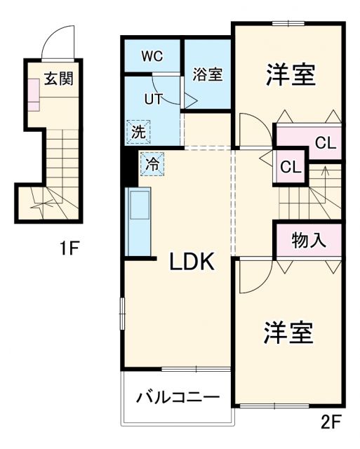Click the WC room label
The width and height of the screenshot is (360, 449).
pyautogui.click(x=152, y=56)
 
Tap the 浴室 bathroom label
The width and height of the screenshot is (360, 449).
pyautogui.click(x=208, y=74)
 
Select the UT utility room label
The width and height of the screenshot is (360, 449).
pyautogui.click(x=153, y=99)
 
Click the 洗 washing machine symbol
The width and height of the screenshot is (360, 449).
pyautogui.click(x=138, y=130)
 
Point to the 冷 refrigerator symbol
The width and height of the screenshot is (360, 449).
pyautogui.click(x=152, y=164)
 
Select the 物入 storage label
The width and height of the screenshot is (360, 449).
pyautogui.click(x=309, y=240)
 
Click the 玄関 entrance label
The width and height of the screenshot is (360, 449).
pyautogui.click(x=59, y=78)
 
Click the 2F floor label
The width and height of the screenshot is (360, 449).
pyautogui.click(x=331, y=423)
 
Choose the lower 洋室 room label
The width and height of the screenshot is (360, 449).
pyautogui.click(x=288, y=333)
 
